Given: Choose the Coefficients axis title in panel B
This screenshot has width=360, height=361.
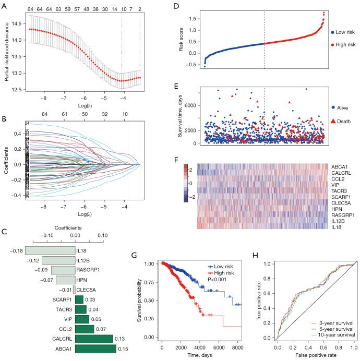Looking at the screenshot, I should (x=6, y=165).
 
